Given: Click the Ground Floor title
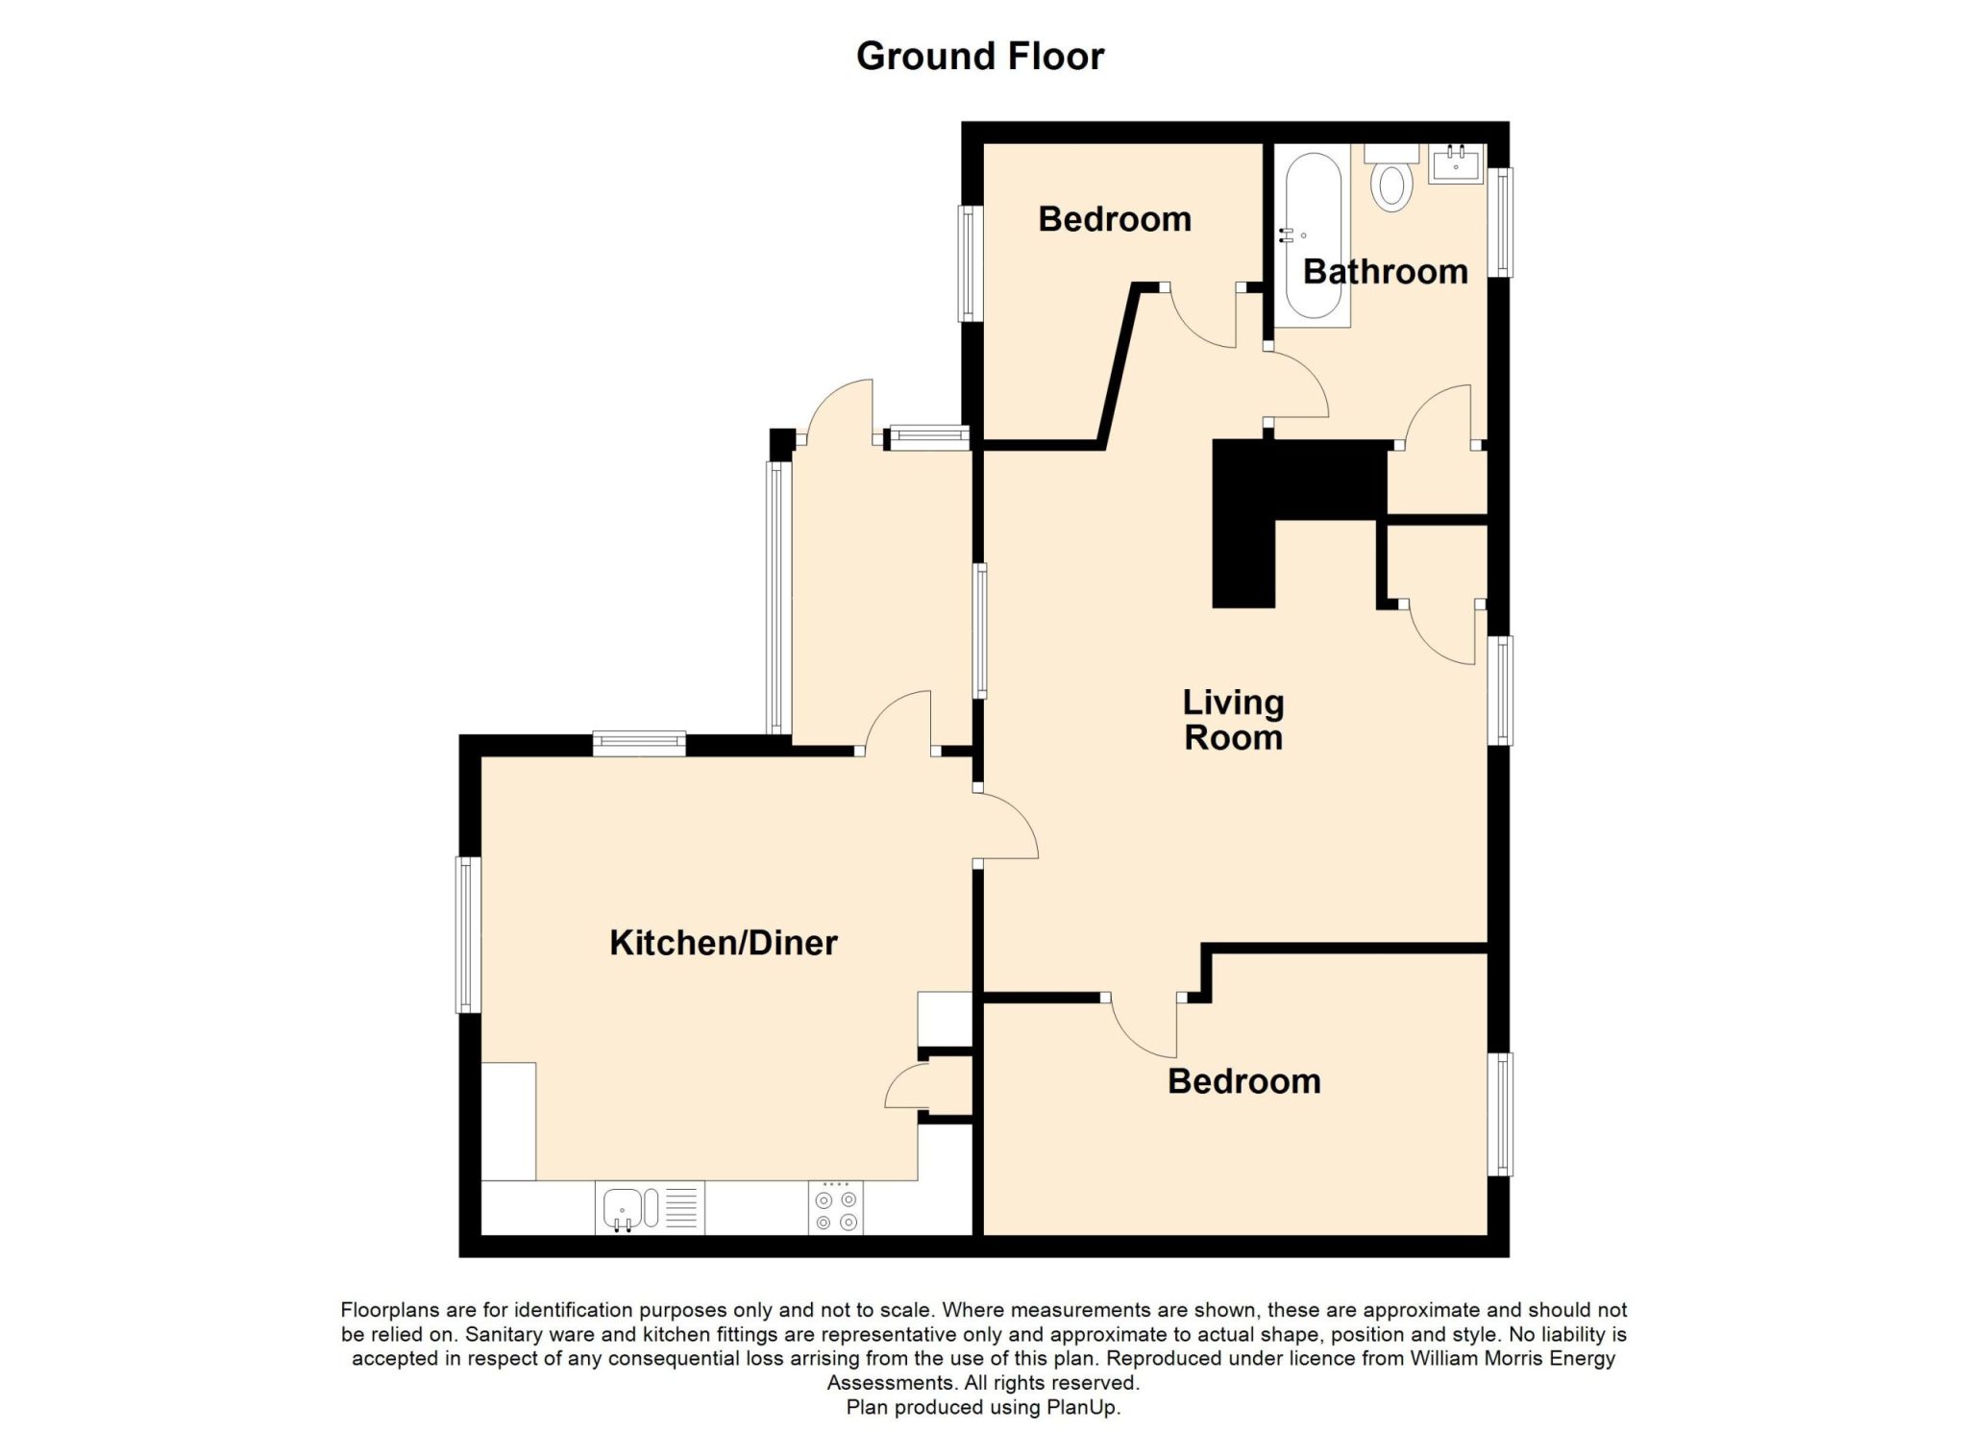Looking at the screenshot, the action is point(980,57).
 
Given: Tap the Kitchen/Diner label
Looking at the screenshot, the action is point(724,943).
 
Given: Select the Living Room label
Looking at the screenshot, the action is point(1234,720).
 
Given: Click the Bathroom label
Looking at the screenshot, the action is point(1385,272).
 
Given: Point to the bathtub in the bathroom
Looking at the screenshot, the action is point(1313,235).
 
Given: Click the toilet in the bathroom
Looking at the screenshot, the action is point(1391,177).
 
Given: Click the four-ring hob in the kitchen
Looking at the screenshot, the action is point(836,1209).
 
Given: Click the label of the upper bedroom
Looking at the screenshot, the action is point(1115,219).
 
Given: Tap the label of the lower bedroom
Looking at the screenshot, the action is point(1244,1081).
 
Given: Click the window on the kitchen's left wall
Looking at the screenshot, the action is point(467,934).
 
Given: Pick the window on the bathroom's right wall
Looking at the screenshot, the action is point(1500,223).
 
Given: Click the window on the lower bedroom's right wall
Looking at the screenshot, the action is point(1500,1114).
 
